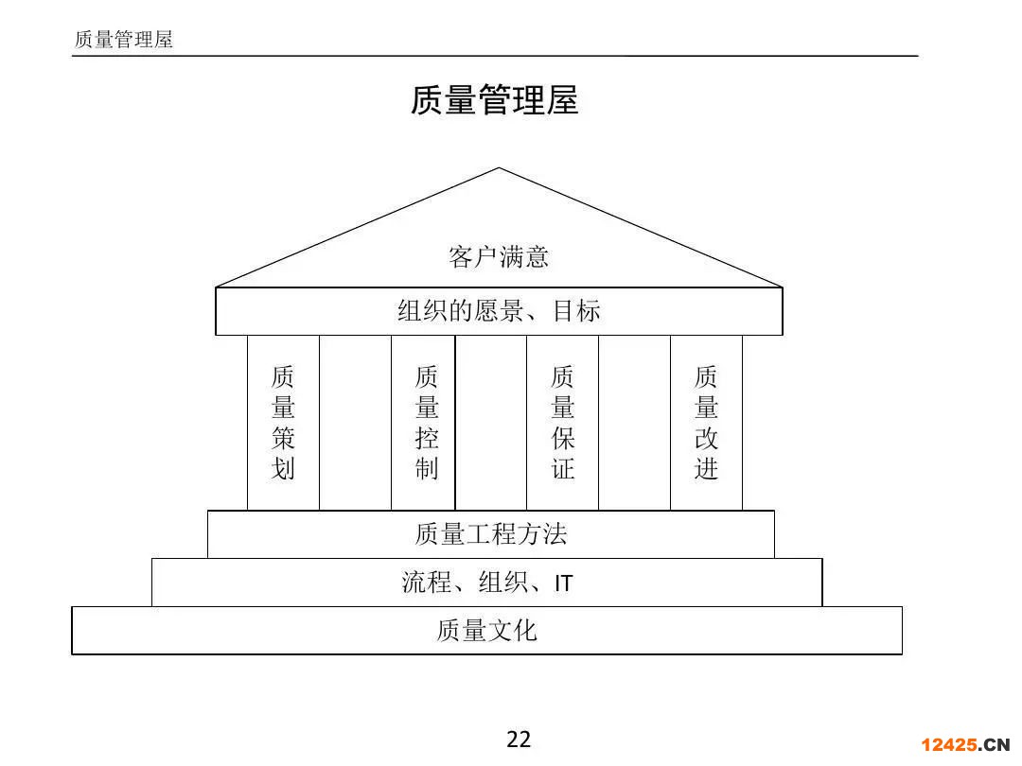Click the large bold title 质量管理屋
[x=495, y=100]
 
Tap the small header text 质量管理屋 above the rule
[x=123, y=40]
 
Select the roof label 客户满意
[x=499, y=256]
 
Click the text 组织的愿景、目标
[x=499, y=311]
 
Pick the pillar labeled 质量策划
[x=284, y=422]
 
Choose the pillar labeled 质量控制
[x=423, y=422]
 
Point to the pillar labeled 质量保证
[x=562, y=422]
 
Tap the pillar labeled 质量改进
[x=707, y=422]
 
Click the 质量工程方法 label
[x=491, y=534]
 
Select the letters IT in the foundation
[x=564, y=583]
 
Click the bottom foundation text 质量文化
[x=487, y=631]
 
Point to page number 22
[x=519, y=740]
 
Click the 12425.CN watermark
[x=964, y=744]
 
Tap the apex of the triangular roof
[x=499, y=168]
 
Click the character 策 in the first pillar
[x=284, y=438]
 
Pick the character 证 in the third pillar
[x=562, y=468]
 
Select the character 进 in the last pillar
[x=707, y=468]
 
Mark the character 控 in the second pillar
[x=427, y=438]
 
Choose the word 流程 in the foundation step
[x=427, y=583]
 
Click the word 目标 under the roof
[x=576, y=311]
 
